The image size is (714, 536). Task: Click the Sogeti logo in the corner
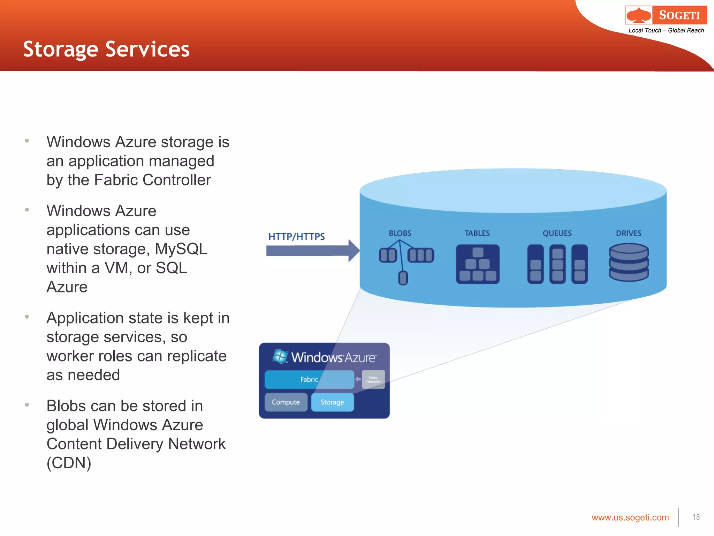pyautogui.click(x=666, y=15)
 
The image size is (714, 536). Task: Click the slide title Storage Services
pyautogui.click(x=106, y=49)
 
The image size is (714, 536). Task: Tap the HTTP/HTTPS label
pyautogui.click(x=296, y=237)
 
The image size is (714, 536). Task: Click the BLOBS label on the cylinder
pyautogui.click(x=400, y=233)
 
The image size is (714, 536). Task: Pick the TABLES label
pyautogui.click(x=477, y=233)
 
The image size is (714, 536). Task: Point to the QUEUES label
pyautogui.click(x=557, y=233)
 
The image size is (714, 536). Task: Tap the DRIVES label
pyautogui.click(x=628, y=233)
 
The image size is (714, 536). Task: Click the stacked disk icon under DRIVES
pyautogui.click(x=629, y=262)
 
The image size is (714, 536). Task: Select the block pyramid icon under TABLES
pyautogui.click(x=478, y=264)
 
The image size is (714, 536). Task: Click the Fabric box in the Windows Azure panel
pyautogui.click(x=309, y=379)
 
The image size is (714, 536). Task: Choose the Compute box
pyautogui.click(x=286, y=402)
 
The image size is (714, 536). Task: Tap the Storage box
pyautogui.click(x=332, y=402)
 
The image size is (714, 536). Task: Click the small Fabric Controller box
pyautogui.click(x=373, y=379)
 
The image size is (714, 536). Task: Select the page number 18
pyautogui.click(x=696, y=517)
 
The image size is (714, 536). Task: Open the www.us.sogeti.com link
pyautogui.click(x=630, y=518)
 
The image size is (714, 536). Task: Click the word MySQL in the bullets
pyautogui.click(x=181, y=249)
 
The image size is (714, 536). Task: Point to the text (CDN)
pyautogui.click(x=69, y=463)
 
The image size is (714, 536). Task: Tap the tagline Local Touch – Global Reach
pyautogui.click(x=666, y=30)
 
